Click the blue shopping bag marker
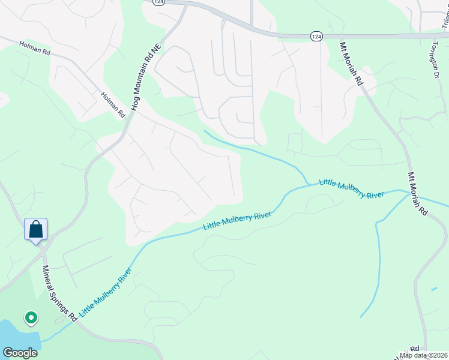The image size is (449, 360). click(x=35, y=229)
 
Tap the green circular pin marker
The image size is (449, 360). click(x=30, y=317)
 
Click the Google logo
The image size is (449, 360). click(x=20, y=353)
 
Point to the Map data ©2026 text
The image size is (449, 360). click(x=424, y=355)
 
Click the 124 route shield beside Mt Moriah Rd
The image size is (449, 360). click(x=316, y=37)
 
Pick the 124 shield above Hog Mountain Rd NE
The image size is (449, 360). click(x=158, y=2)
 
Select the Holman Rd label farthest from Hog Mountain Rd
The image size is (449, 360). click(x=34, y=48)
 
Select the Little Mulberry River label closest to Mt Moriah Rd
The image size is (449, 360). click(x=352, y=188)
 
